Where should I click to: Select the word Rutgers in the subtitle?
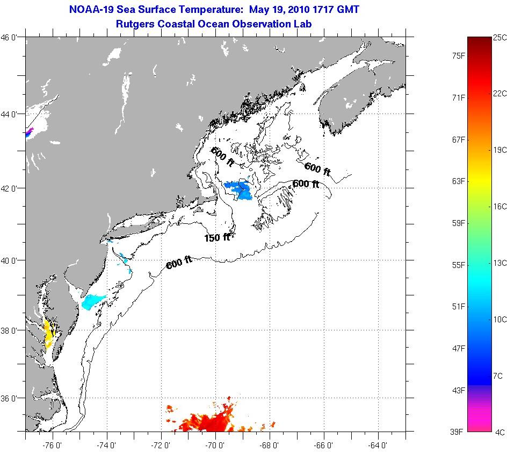click(x=136, y=24)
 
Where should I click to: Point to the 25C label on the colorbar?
click(x=499, y=37)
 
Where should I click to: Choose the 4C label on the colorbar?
click(x=499, y=432)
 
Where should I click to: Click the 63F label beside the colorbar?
click(x=458, y=181)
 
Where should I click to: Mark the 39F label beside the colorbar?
click(x=458, y=432)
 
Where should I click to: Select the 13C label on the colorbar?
click(x=499, y=263)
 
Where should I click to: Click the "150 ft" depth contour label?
click(x=217, y=237)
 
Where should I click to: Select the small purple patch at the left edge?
click(x=28, y=132)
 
